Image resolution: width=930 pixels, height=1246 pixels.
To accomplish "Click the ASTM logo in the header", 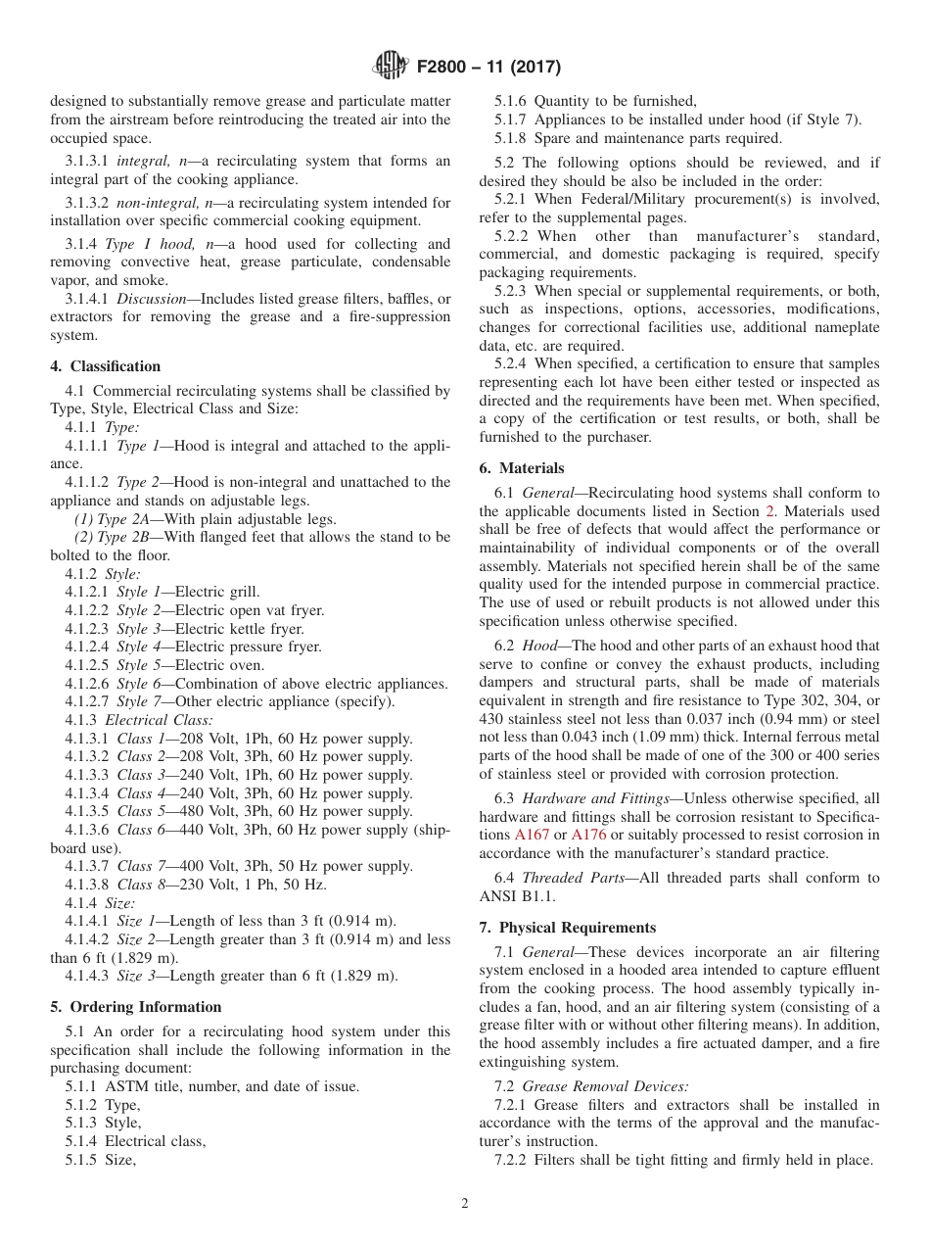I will point(392,67).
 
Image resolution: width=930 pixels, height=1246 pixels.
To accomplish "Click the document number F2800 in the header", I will point(446,68).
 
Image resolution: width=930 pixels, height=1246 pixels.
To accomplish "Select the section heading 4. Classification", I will point(105,366).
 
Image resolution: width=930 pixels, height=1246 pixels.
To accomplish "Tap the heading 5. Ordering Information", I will point(136,1007).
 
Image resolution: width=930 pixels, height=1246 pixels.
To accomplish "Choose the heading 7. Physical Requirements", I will point(568,927).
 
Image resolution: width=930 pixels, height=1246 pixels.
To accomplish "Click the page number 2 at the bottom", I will point(465,1203).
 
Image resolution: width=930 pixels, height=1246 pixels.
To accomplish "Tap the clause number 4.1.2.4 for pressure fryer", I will point(88,647).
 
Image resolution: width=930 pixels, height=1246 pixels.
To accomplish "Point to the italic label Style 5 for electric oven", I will point(138,665).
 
